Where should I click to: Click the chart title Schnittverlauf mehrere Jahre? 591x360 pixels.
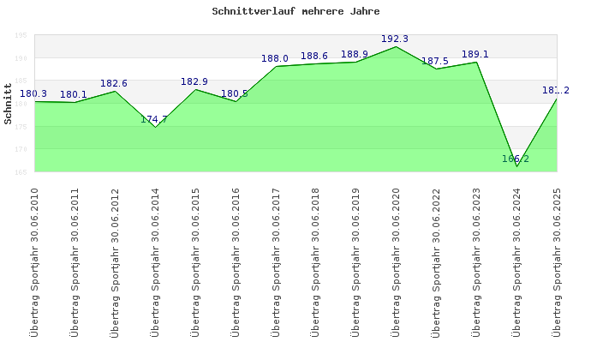[x=295, y=12]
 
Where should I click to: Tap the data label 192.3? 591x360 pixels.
[x=395, y=39]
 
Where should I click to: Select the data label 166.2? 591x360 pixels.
[x=516, y=159]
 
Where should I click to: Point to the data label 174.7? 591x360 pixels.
[x=154, y=119]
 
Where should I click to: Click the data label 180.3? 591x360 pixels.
[x=33, y=93]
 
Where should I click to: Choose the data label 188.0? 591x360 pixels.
[x=275, y=58]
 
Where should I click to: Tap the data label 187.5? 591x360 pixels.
[x=435, y=61]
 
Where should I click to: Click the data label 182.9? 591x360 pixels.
[x=194, y=81]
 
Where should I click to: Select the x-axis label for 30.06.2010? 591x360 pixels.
[x=35, y=261]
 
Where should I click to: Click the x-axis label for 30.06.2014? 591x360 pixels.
[x=156, y=261]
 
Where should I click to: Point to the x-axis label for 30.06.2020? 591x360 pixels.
[x=397, y=261]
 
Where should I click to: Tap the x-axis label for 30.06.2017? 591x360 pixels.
[x=276, y=261]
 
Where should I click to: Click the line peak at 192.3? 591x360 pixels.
[x=396, y=46]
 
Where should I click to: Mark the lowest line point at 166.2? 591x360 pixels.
[x=516, y=166]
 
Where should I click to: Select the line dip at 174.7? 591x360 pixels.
[x=155, y=128]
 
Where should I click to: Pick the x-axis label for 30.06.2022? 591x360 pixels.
[x=437, y=261]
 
